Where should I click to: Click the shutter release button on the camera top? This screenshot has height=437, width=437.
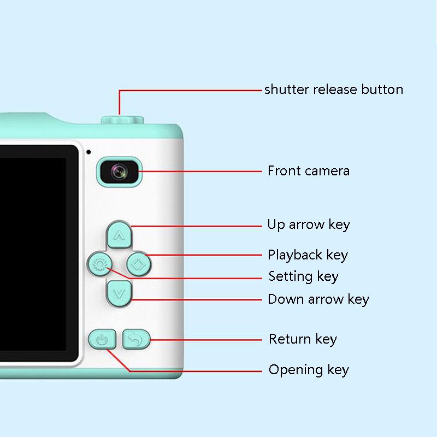[122, 120]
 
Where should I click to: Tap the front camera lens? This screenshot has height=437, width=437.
[120, 172]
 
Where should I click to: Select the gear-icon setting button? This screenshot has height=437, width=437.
[100, 264]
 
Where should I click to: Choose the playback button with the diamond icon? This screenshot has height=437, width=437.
[139, 264]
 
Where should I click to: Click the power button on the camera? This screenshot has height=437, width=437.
[102, 339]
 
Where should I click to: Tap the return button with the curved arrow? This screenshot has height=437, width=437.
[136, 339]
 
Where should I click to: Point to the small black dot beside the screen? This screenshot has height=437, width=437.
[88, 152]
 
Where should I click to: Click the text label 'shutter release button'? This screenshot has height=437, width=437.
[334, 90]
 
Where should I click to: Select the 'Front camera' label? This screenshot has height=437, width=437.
[309, 171]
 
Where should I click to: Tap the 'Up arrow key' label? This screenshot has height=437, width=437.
[309, 225]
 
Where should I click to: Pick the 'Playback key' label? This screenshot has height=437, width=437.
[308, 255]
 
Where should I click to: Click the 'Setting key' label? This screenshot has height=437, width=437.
[304, 276]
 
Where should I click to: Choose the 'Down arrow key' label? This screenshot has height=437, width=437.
[318, 299]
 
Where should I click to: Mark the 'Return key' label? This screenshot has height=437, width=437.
[303, 339]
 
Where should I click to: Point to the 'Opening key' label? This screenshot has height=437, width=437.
[309, 370]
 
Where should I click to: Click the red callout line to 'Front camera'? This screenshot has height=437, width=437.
[200, 172]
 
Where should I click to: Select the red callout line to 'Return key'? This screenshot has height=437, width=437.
[206, 340]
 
